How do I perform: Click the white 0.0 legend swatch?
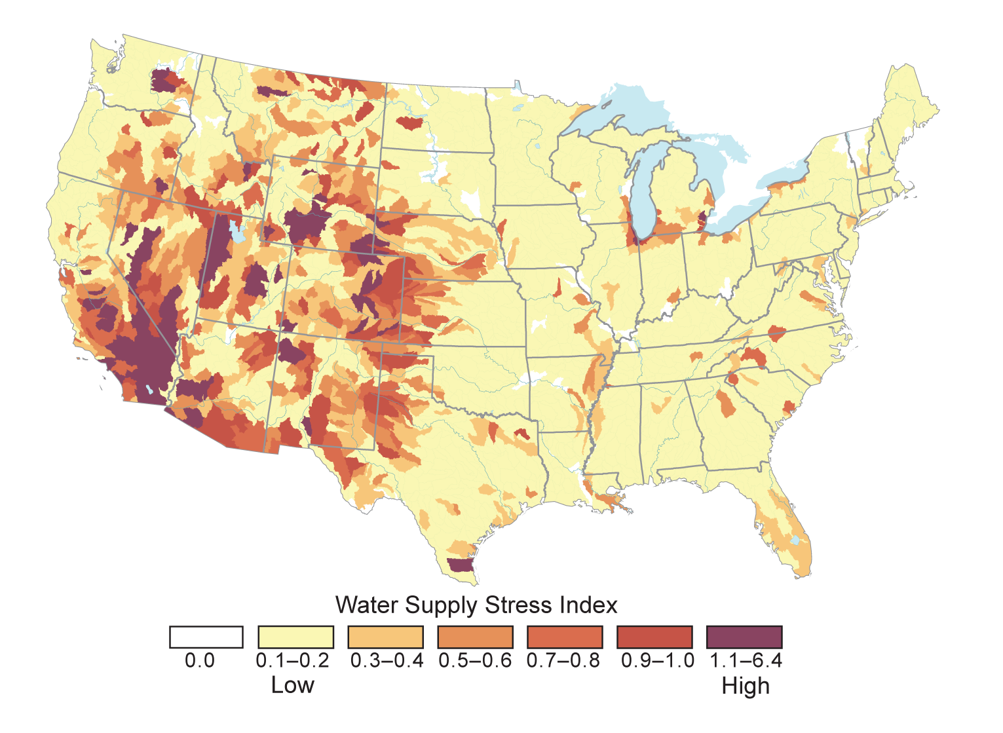click(x=206, y=637)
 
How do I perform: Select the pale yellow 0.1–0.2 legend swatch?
click(x=296, y=637)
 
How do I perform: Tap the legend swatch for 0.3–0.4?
click(x=386, y=637)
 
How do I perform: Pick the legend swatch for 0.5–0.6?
click(x=475, y=637)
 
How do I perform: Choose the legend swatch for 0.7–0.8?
click(x=565, y=637)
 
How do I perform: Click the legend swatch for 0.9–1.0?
click(x=654, y=637)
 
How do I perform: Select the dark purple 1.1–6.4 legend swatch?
click(x=744, y=637)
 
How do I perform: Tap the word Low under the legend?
click(x=292, y=686)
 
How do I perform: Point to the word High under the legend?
click(x=746, y=686)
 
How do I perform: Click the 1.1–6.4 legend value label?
click(x=746, y=660)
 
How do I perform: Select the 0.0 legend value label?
click(x=200, y=660)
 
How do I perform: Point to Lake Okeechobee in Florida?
click(x=795, y=540)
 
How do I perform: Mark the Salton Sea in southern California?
click(x=150, y=390)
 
